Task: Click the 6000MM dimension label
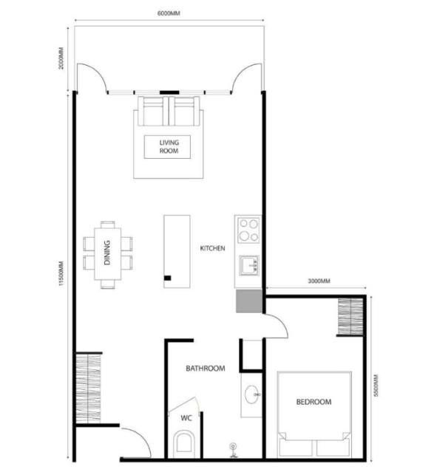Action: (x=169, y=13)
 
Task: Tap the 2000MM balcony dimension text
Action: (x=61, y=58)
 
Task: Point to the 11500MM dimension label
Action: (x=61, y=273)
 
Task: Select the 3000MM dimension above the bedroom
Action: (x=319, y=281)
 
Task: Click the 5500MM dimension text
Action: (x=376, y=386)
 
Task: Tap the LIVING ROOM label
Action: (x=169, y=146)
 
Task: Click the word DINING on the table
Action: (x=107, y=253)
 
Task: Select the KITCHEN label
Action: (x=212, y=248)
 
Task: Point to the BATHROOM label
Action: (x=206, y=369)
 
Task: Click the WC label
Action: (x=186, y=418)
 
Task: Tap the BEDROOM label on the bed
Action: (x=314, y=402)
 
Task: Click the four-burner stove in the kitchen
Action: (x=248, y=230)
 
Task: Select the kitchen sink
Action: (x=249, y=265)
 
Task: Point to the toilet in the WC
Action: (x=183, y=442)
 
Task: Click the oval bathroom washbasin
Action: (x=252, y=394)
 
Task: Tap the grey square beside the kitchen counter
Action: (x=249, y=301)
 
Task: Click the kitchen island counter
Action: (x=177, y=251)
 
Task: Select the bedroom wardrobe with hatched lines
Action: (x=350, y=316)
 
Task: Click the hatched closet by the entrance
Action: (x=88, y=388)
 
